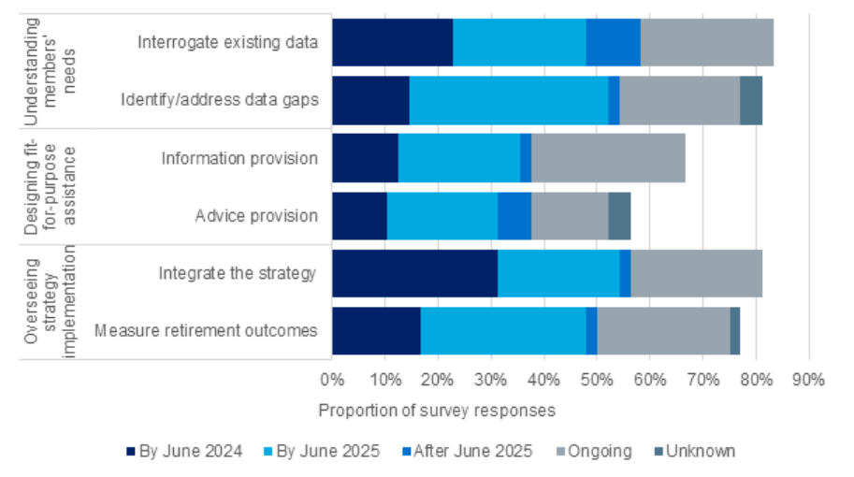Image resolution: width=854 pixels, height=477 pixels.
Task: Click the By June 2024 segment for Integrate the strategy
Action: point(414,273)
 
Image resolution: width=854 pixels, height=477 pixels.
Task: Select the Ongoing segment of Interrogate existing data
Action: point(706,42)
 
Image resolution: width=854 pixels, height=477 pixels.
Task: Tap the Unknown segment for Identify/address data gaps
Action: point(750,99)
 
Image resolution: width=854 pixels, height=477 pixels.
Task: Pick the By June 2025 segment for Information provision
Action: point(458,157)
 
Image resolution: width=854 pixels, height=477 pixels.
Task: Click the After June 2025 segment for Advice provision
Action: point(514,215)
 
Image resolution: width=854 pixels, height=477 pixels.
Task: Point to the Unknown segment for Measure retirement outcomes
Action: point(734,331)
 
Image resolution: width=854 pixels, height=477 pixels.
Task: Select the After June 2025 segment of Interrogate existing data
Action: point(613,42)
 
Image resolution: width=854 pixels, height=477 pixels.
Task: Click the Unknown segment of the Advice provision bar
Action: point(619,215)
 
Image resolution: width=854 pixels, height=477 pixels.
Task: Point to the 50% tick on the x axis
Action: point(596,381)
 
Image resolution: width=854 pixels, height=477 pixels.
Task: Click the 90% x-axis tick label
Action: point(807,381)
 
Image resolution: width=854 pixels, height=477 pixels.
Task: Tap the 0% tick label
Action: point(332,381)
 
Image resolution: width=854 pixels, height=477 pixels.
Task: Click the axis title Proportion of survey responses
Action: point(437,411)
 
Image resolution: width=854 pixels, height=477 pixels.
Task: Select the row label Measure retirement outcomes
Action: point(206,331)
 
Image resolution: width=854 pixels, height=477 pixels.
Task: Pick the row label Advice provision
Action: point(256,216)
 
